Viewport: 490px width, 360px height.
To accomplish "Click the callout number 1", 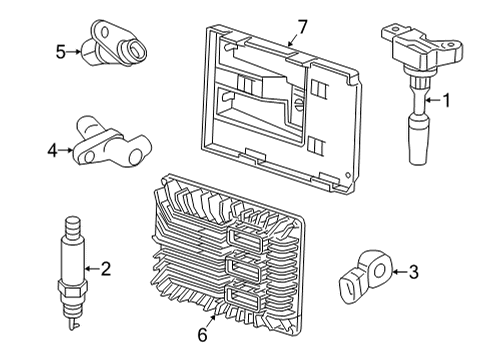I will click(447, 99).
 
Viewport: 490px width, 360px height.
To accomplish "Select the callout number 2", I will click(105, 268).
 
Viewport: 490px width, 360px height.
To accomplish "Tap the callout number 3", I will click(414, 270).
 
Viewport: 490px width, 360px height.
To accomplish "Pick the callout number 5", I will click(60, 51).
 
